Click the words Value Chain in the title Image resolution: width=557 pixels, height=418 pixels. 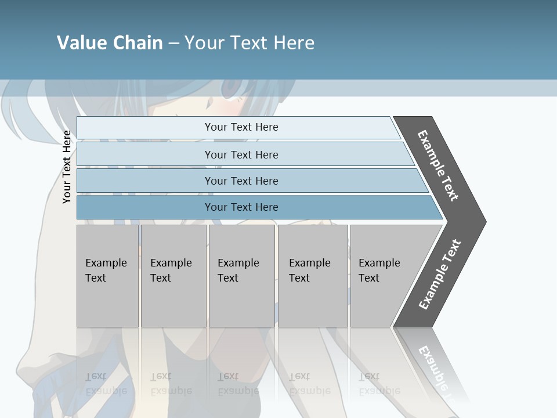(110, 43)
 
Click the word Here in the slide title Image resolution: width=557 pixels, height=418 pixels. (294, 43)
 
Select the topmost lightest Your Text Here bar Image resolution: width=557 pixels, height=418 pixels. (241, 127)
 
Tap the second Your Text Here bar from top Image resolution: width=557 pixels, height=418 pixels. (241, 154)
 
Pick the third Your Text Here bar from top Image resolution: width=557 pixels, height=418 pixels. (241, 181)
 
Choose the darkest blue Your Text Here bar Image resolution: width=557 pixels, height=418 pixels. (241, 207)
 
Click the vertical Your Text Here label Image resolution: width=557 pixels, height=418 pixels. (67, 167)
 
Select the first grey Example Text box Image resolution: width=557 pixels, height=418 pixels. (107, 276)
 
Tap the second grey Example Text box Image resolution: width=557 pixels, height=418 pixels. (173, 276)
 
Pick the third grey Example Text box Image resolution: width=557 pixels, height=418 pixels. (241, 276)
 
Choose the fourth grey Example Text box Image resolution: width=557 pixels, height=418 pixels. (312, 276)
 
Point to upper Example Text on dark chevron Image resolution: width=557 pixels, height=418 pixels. (438, 165)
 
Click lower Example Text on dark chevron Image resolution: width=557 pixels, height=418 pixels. (439, 275)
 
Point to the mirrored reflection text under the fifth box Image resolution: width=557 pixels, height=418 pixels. (378, 384)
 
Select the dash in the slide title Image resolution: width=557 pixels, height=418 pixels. (173, 43)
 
